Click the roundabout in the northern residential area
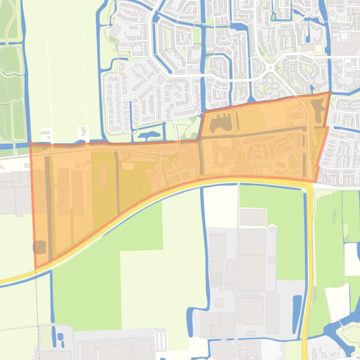point(270,68)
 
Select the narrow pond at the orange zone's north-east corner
point(318,108)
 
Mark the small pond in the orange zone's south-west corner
point(40,247)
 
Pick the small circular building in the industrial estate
point(272,229)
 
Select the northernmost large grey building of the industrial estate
point(253,216)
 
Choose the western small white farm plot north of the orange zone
point(46,133)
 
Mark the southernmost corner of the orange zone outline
point(36,268)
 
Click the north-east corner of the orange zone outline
point(330,93)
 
